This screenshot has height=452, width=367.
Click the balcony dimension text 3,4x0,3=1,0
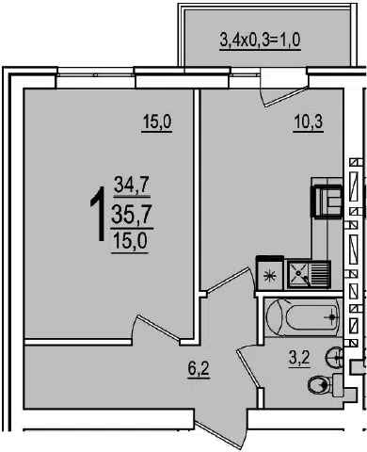261,40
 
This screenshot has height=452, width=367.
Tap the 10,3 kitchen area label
309,121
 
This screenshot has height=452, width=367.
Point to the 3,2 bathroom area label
299,358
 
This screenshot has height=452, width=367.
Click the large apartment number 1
98,214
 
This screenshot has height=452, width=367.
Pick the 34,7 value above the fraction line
131,185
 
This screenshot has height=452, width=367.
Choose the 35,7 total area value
132,215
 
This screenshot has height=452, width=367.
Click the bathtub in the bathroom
302,317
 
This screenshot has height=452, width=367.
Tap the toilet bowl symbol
325,384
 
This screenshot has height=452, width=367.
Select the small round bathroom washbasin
334,357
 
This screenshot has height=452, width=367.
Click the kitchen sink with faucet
309,275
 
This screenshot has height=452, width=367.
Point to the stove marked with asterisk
270,273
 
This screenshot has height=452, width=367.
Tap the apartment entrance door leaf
218,437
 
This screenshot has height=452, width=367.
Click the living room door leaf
158,328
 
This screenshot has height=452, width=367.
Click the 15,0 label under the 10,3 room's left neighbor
156,121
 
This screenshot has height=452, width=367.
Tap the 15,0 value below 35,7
130,242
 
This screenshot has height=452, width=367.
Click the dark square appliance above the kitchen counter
327,201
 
